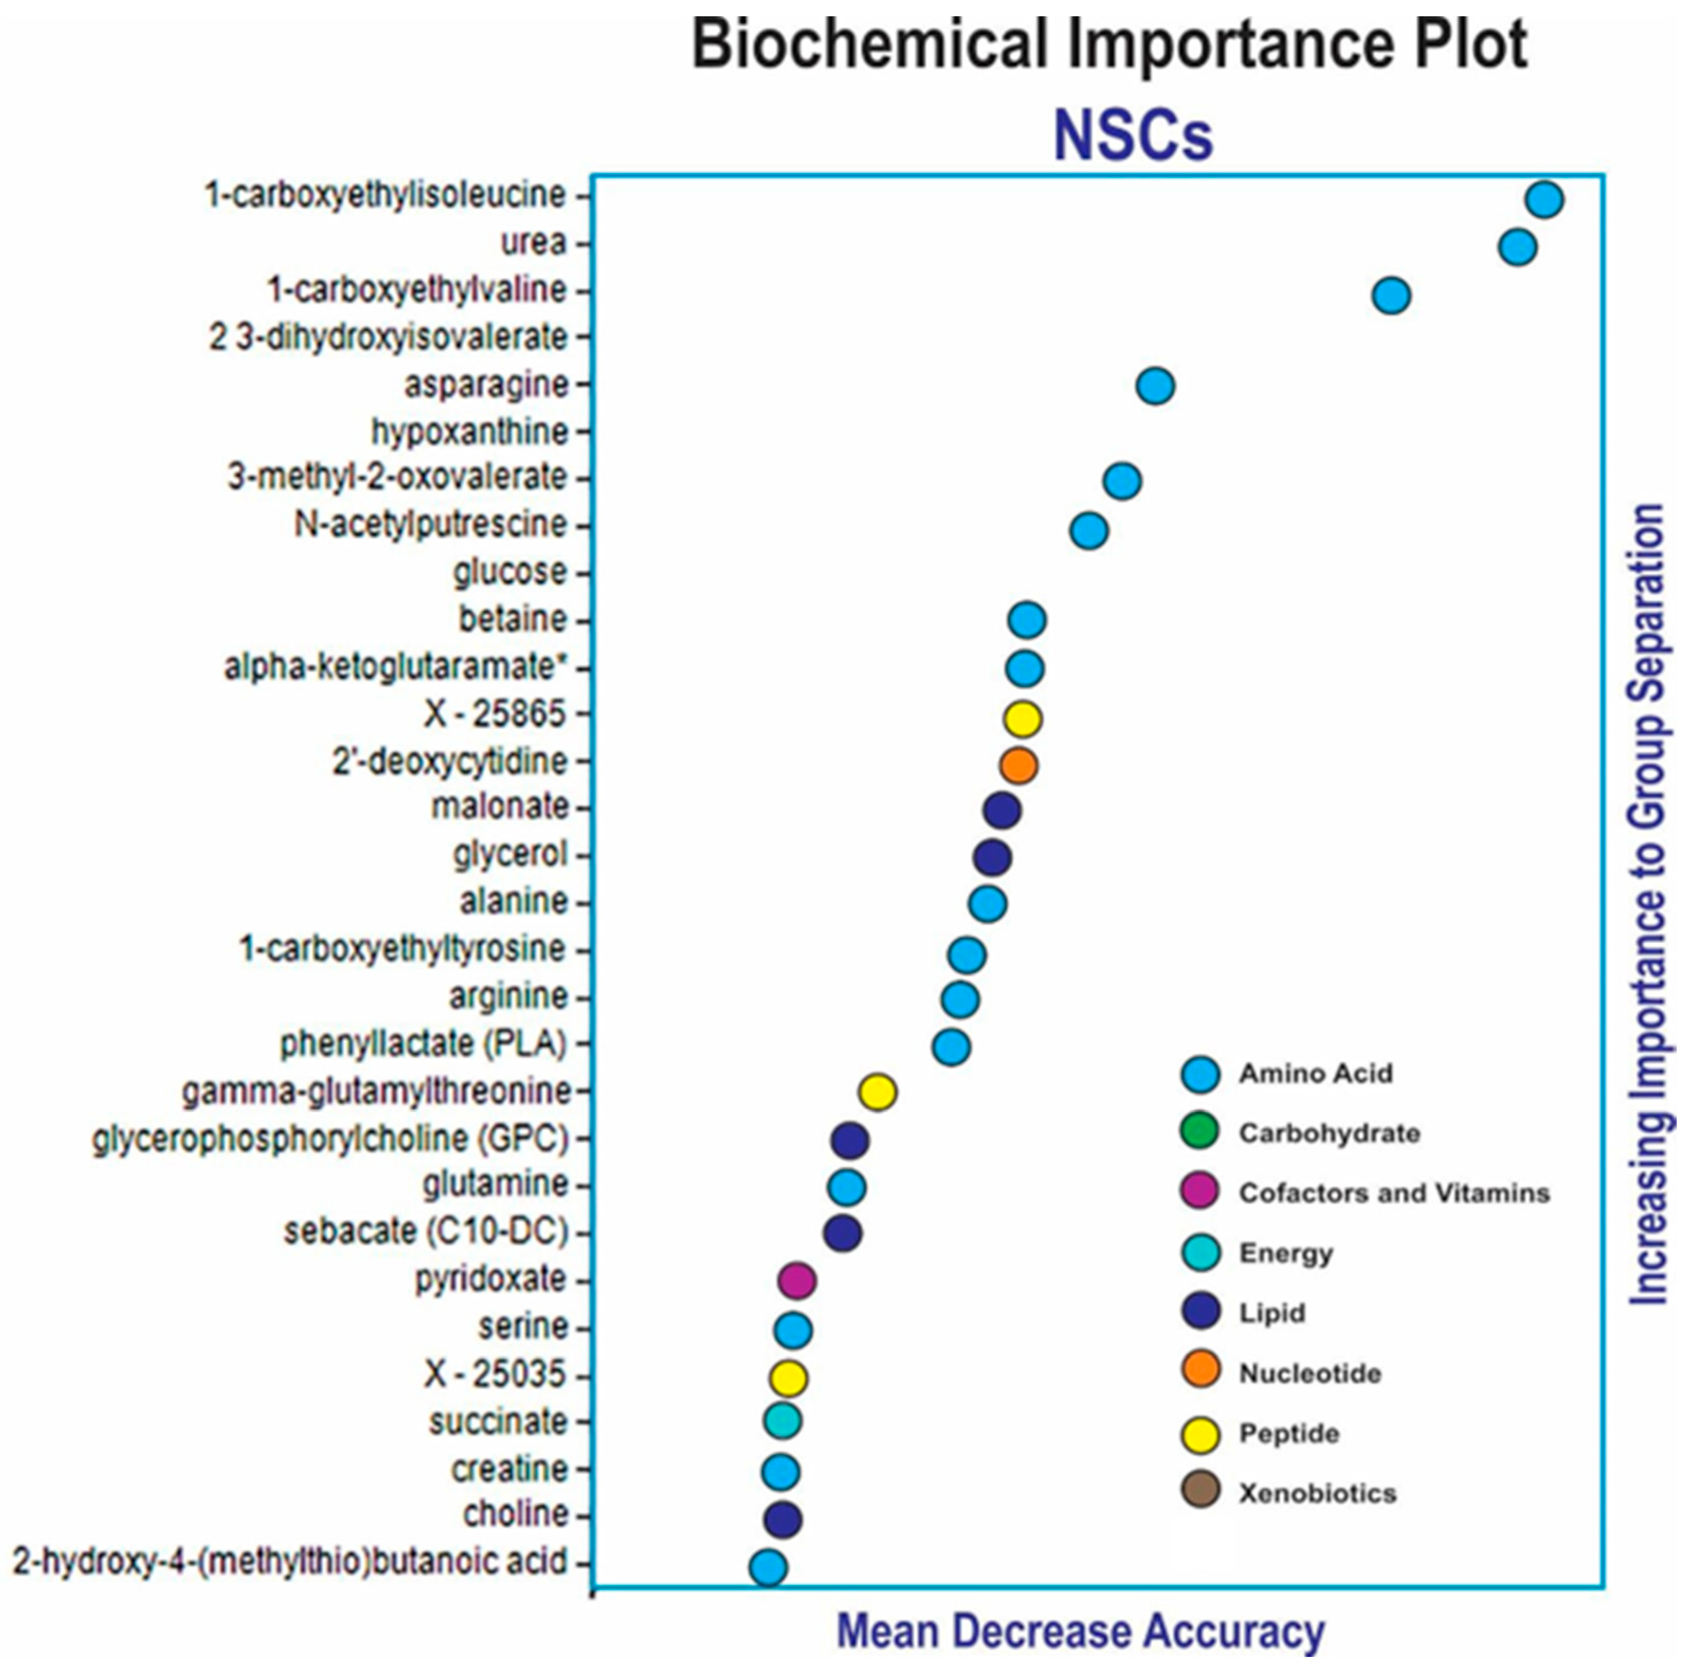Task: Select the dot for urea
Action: click(x=1518, y=247)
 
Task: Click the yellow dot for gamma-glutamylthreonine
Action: click(x=877, y=1092)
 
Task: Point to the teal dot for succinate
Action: click(x=782, y=1421)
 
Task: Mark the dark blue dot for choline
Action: click(x=783, y=1520)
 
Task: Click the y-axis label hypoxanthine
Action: click(x=470, y=432)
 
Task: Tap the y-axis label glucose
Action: click(x=510, y=573)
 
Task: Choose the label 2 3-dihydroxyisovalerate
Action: click(x=389, y=337)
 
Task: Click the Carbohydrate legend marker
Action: click(x=1200, y=1133)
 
